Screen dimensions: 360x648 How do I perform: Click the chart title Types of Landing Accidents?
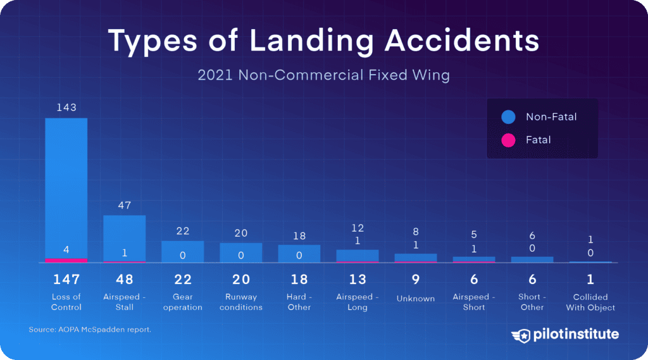323,40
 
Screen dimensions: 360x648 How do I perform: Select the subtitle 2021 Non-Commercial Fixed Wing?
323,75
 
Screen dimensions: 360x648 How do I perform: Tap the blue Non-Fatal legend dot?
508,117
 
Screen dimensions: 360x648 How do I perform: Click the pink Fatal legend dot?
508,140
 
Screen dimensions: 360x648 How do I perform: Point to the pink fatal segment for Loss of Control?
66,260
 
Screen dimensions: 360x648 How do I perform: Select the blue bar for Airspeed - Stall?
125,238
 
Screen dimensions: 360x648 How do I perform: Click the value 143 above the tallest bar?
66,108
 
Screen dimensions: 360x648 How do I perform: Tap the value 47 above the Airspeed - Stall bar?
125,206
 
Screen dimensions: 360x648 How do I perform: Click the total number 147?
66,280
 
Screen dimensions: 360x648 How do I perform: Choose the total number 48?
125,280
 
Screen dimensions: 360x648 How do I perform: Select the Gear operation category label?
183,302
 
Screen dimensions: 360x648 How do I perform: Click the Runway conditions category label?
241,302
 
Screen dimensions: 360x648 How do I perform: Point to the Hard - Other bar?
299,253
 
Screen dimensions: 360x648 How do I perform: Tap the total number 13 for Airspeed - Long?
358,280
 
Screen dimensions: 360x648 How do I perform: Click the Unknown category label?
416,298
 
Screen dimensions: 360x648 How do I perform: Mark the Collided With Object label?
590,302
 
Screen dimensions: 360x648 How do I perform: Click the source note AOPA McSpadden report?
90,330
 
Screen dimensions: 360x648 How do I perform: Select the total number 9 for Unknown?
416,280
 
